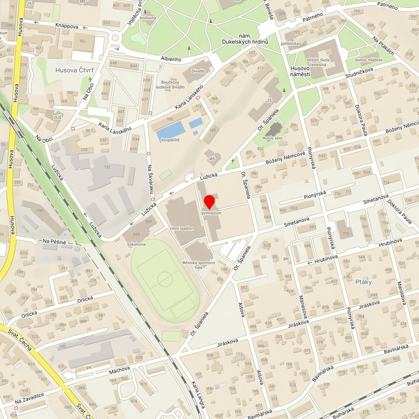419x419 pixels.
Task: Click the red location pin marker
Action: (x=209, y=203)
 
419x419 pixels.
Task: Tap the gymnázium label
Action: (x=212, y=214)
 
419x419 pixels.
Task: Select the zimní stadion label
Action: (x=181, y=229)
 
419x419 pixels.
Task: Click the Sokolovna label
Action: (x=136, y=245)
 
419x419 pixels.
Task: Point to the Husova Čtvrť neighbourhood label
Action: (x=74, y=70)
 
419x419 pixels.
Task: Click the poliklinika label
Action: (x=290, y=43)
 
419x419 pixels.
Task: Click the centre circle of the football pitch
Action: (x=165, y=279)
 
